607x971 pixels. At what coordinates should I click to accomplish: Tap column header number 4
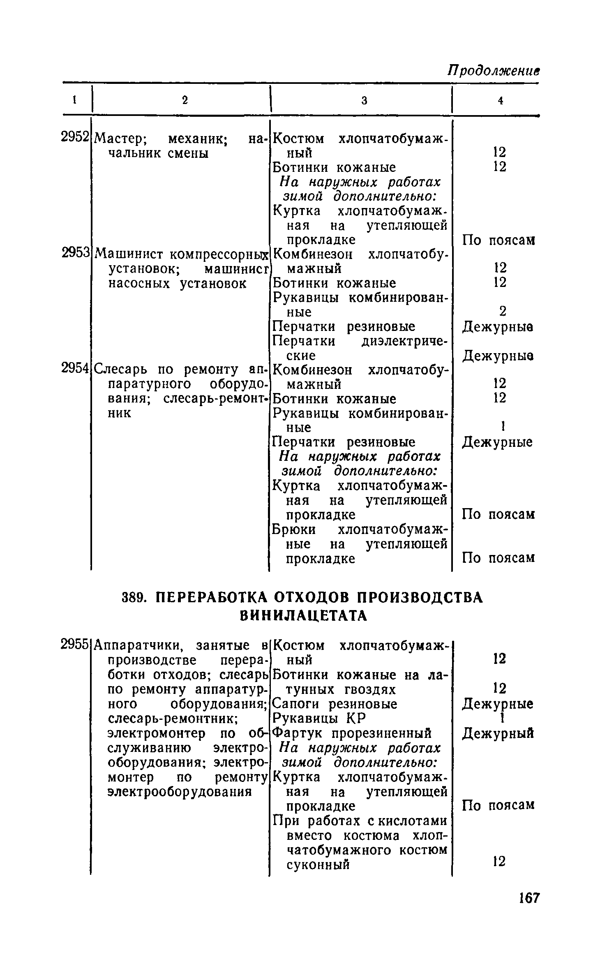500,100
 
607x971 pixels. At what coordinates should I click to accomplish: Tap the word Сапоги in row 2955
297,704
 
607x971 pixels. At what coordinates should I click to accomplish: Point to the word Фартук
299,733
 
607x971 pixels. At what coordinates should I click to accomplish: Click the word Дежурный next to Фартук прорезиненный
498,733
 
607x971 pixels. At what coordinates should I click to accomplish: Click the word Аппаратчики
138,645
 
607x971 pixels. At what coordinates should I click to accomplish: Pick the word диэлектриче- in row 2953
404,341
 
